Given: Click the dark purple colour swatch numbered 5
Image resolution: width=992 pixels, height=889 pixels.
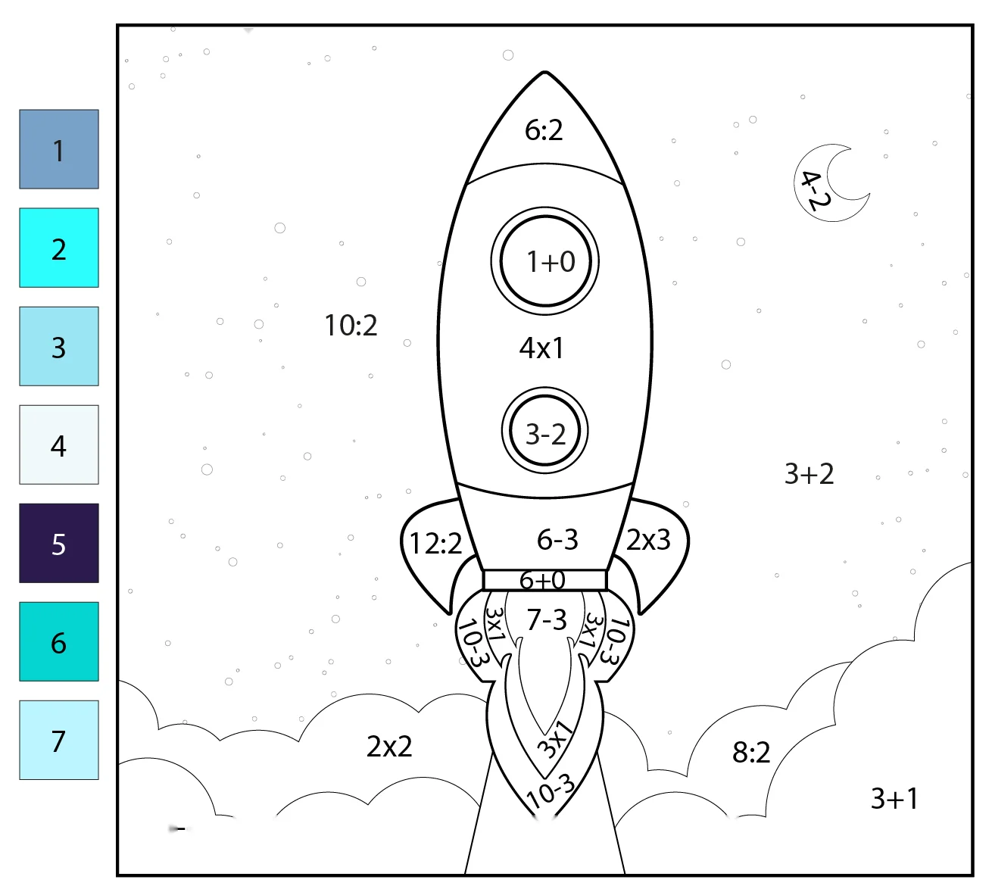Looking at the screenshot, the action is tap(59, 543).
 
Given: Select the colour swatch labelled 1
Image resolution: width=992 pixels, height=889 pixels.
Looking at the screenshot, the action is tap(59, 149).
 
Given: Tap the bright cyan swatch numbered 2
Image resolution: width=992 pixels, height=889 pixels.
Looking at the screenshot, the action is tap(59, 248).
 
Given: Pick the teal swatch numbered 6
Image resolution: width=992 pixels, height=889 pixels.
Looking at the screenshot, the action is tap(59, 641).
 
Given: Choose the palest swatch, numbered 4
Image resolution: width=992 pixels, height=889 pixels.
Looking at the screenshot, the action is tap(59, 444).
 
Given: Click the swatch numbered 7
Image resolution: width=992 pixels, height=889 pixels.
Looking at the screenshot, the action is tap(59, 740).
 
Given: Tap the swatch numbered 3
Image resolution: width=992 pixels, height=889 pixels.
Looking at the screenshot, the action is tap(59, 346).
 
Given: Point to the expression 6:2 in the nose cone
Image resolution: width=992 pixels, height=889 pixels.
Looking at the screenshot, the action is tap(544, 130).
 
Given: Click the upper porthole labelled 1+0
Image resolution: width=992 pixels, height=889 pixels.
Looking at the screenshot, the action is tap(545, 261).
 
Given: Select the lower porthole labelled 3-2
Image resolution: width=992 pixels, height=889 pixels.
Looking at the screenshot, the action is tap(545, 431).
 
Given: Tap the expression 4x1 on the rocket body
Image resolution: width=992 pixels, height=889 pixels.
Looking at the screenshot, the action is tap(541, 348).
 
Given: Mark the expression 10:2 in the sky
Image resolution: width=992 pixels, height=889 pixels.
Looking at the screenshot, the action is tap(351, 325).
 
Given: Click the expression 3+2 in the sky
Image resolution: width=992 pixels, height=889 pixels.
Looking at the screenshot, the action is tap(809, 473).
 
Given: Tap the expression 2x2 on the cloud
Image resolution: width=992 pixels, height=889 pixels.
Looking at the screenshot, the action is tap(389, 747).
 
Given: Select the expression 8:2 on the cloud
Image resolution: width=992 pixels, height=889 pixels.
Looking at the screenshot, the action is tap(751, 752).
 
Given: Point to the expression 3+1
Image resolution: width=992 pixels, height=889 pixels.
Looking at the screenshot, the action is tap(894, 798).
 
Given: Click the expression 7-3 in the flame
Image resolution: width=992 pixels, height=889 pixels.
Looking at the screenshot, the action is tap(547, 619).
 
